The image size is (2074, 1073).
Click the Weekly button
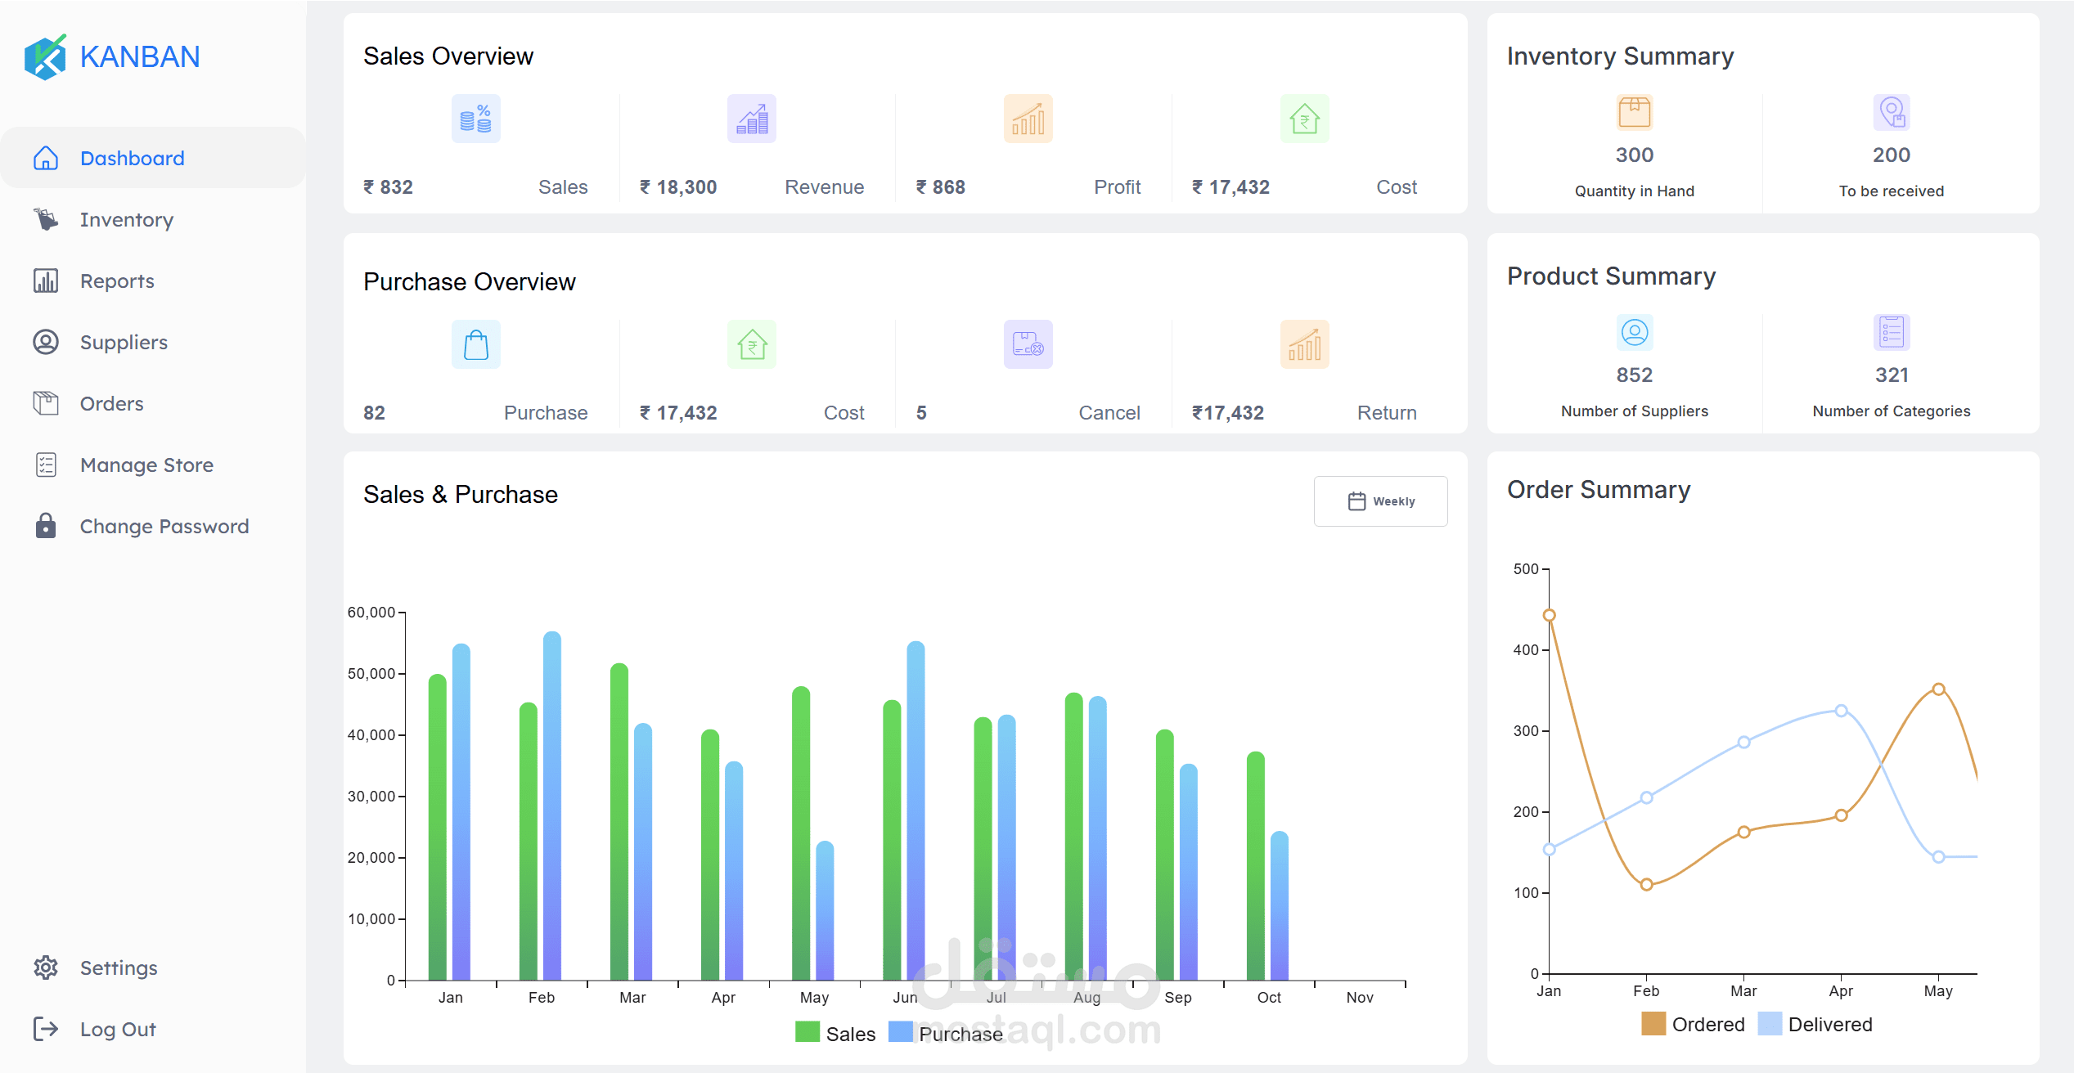pyautogui.click(x=1380, y=501)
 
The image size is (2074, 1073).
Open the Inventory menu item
pyautogui.click(x=127, y=220)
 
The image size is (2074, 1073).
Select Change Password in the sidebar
pyautogui.click(x=164, y=527)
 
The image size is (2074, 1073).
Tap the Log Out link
pyautogui.click(x=118, y=1030)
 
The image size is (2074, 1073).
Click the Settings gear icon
pyautogui.click(x=46, y=968)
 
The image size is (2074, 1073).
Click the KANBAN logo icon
pyautogui.click(x=45, y=56)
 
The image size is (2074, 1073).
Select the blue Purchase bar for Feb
pyautogui.click(x=552, y=806)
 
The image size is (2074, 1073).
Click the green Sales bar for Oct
pyautogui.click(x=1255, y=865)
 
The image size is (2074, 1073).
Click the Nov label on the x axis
pyautogui.click(x=1360, y=998)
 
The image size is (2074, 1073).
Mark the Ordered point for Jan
pyautogui.click(x=1549, y=615)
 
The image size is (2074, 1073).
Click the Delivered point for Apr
pyautogui.click(x=1841, y=711)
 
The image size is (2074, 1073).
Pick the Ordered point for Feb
pyautogui.click(x=1646, y=884)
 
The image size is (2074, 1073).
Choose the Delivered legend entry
pyautogui.click(x=1815, y=1024)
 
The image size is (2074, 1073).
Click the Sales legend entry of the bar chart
pyautogui.click(x=835, y=1034)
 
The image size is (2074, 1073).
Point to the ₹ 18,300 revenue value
pyautogui.click(x=678, y=187)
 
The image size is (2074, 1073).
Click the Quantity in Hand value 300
pyautogui.click(x=1635, y=155)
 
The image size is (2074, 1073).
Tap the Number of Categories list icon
pyautogui.click(x=1892, y=332)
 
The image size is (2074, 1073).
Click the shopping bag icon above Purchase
pyautogui.click(x=476, y=344)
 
